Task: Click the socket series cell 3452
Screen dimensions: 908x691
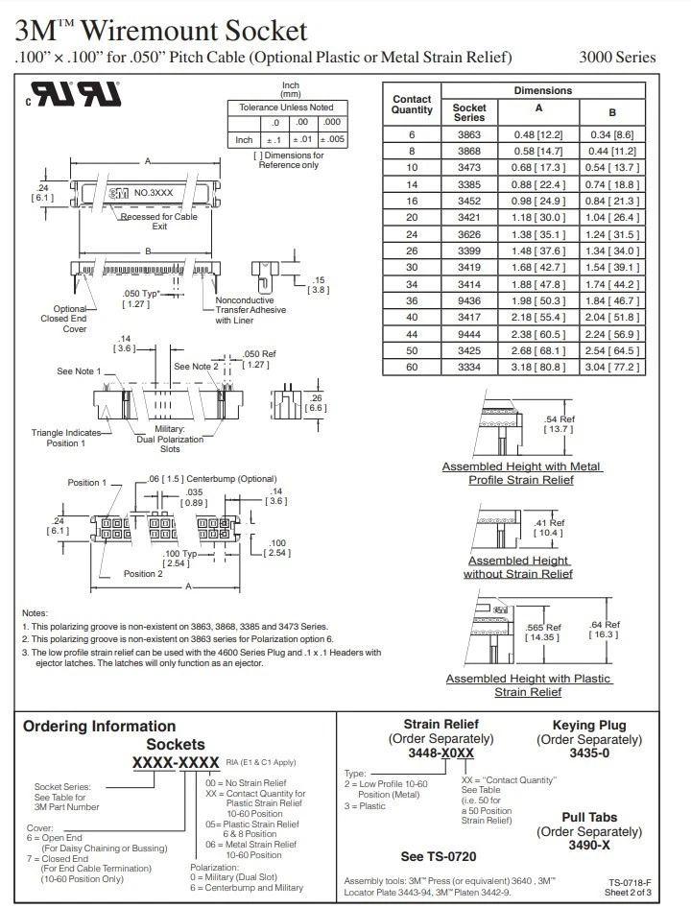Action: (x=469, y=200)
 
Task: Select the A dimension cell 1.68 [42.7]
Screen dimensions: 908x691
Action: (x=538, y=265)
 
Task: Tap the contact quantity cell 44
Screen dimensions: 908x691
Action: (x=412, y=332)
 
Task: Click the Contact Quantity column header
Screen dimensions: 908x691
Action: (x=412, y=105)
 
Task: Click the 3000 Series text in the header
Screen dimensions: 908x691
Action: (x=617, y=57)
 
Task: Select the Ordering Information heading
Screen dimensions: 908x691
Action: (x=99, y=727)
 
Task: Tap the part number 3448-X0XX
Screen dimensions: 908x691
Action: (x=441, y=754)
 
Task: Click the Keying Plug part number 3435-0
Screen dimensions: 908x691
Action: (x=589, y=754)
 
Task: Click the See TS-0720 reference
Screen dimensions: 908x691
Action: (x=438, y=856)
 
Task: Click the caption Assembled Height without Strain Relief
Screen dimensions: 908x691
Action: (x=517, y=567)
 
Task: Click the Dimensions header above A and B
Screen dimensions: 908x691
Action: (x=542, y=90)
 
